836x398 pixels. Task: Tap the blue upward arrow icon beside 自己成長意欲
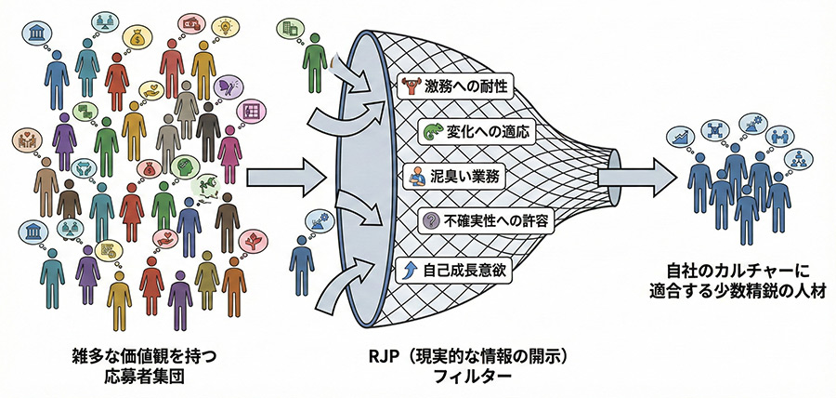coord(406,270)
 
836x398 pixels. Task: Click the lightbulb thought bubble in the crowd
coord(226,25)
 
